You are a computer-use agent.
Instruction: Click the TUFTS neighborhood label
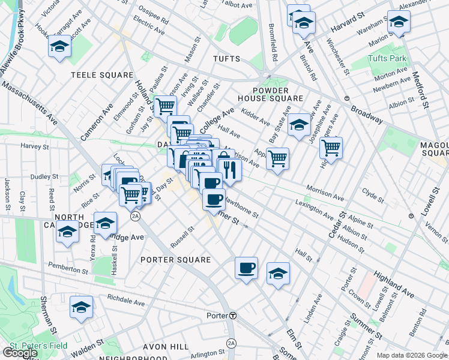point(226,59)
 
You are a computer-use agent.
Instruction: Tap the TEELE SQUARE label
point(101,75)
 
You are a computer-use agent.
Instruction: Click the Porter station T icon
point(233,316)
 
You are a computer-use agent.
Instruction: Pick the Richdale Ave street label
point(126,300)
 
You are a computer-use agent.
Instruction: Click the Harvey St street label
point(34,146)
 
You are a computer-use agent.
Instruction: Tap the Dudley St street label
point(43,177)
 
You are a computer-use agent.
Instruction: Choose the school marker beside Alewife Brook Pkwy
point(59,46)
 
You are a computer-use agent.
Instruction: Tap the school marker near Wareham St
point(398,22)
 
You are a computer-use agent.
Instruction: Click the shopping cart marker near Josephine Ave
point(331,146)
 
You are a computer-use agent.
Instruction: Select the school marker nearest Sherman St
point(80,307)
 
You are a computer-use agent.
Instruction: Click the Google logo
point(20,353)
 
